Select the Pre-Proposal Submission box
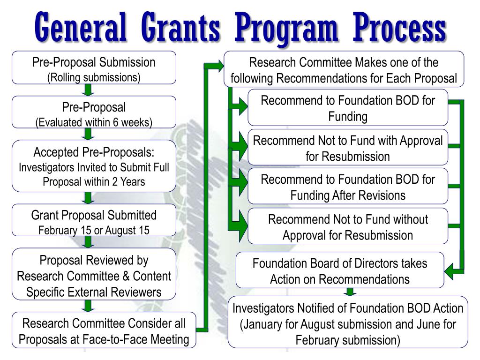point(94,67)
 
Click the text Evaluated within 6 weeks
point(94,122)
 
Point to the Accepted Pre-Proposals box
point(94,166)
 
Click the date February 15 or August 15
point(94,230)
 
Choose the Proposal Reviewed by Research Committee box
point(94,274)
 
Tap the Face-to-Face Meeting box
point(104,330)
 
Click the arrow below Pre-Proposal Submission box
point(88,90)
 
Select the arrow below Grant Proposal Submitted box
point(88,242)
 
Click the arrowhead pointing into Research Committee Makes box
point(220,66)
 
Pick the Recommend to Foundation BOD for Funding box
point(348,107)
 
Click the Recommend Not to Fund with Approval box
point(348,148)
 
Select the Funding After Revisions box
point(348,186)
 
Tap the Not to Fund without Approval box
point(348,226)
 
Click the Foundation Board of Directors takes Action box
point(340,270)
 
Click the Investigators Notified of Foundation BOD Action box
point(348,322)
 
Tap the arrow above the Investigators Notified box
point(350,292)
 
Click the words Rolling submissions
point(94,77)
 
